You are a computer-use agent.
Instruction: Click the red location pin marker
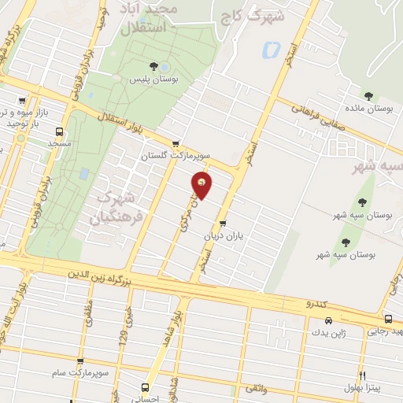click(201, 186)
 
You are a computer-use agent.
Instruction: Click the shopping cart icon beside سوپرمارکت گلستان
click(175, 144)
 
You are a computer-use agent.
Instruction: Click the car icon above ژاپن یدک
click(327, 321)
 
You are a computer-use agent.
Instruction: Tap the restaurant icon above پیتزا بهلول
click(363, 375)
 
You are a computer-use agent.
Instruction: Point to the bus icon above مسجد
click(59, 131)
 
